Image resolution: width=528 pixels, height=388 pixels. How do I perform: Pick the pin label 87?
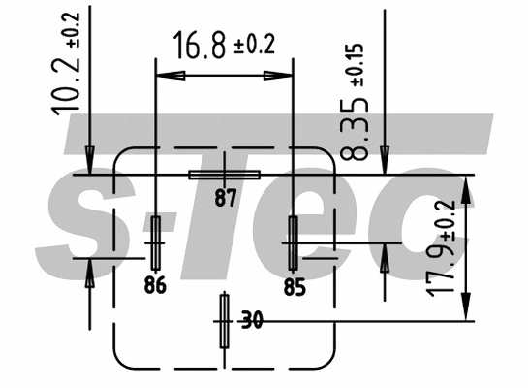[226, 199]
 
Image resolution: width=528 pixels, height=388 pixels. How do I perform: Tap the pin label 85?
[295, 286]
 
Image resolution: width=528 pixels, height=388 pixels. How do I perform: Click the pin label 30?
[251, 320]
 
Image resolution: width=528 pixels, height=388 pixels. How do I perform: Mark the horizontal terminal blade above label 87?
[225, 176]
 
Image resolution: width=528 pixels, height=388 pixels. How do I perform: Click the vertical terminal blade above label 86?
[155, 242]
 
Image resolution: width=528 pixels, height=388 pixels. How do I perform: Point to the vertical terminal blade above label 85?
[294, 242]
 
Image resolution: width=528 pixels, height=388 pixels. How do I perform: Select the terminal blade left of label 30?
[225, 320]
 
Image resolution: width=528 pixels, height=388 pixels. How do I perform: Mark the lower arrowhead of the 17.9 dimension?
[469, 308]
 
